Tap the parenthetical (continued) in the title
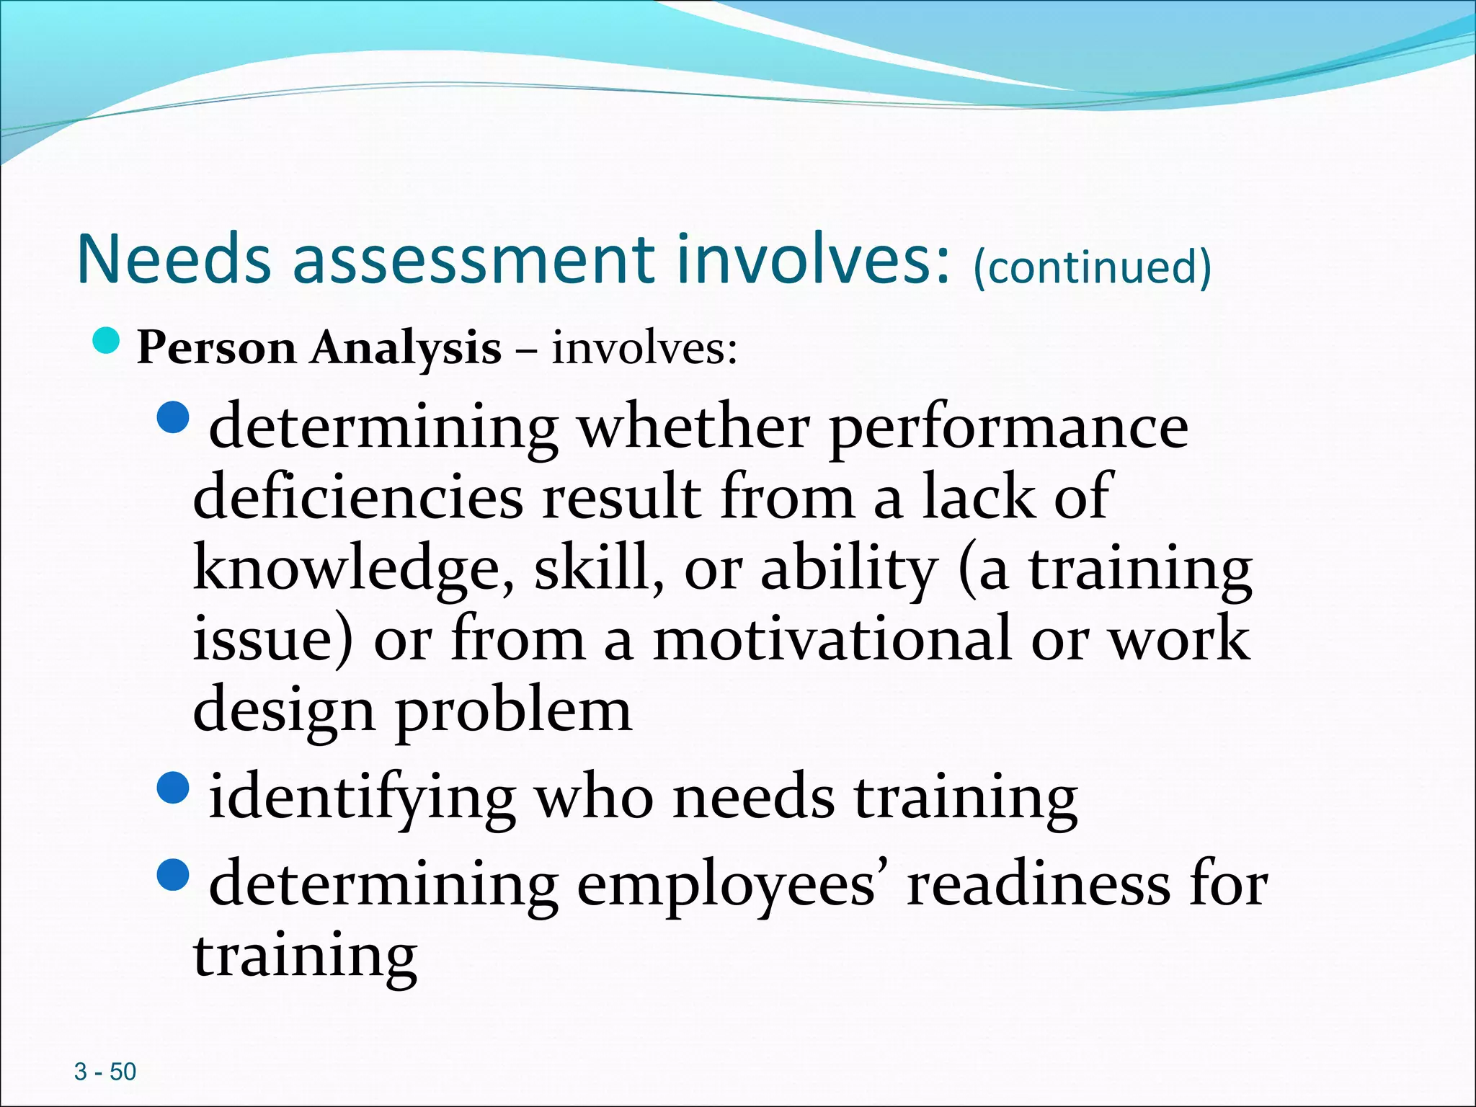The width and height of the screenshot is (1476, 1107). coord(1092,266)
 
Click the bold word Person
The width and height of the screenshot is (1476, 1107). coord(216,349)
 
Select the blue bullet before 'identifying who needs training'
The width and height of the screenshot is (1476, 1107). coord(172,788)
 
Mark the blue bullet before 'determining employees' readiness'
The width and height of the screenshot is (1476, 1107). coord(172,874)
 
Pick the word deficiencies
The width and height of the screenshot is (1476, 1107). coord(358,497)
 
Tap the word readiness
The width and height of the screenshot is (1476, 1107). coord(1039,885)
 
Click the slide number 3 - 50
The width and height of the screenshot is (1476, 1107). coord(105,1072)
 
